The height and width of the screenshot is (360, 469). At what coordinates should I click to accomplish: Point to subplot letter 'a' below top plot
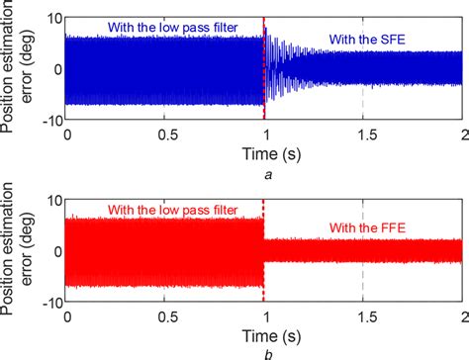point(264,173)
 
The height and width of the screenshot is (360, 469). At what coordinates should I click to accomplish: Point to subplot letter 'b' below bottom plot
point(264,352)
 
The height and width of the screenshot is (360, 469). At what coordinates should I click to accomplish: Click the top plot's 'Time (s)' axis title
point(264,153)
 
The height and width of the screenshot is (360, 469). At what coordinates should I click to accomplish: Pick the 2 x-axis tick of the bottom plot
point(461,315)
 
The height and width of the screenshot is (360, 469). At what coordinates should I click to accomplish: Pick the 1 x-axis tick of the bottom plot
point(264,315)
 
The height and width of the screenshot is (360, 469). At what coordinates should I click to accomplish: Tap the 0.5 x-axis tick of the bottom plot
point(165,315)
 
